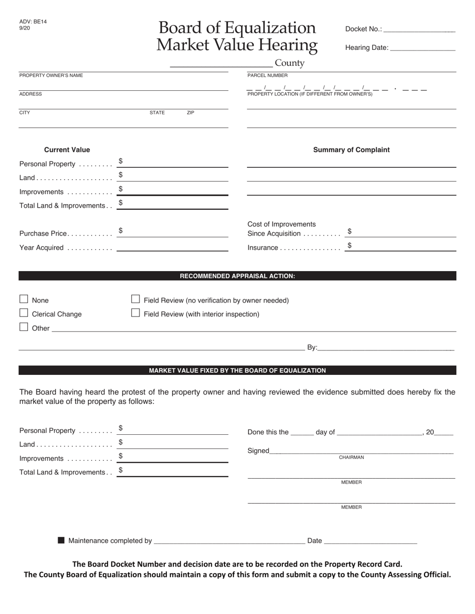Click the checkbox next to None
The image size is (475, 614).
23,299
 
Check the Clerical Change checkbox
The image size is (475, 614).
23,313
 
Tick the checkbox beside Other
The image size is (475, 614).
23,327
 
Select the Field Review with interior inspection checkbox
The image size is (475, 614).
135,313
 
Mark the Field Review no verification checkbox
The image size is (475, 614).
135,299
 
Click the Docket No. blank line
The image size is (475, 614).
419,29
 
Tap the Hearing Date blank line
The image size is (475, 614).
422,48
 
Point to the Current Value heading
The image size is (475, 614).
67,150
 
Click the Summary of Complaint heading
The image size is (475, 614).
351,150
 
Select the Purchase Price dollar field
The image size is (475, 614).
172,232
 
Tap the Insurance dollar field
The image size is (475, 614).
400,246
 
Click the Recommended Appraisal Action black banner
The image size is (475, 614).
237,276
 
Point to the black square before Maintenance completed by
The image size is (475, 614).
61,540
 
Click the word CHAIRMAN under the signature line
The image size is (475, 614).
351,457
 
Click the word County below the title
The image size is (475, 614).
289,63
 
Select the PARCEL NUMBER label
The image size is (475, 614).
267,75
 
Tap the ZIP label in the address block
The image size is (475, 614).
190,113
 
